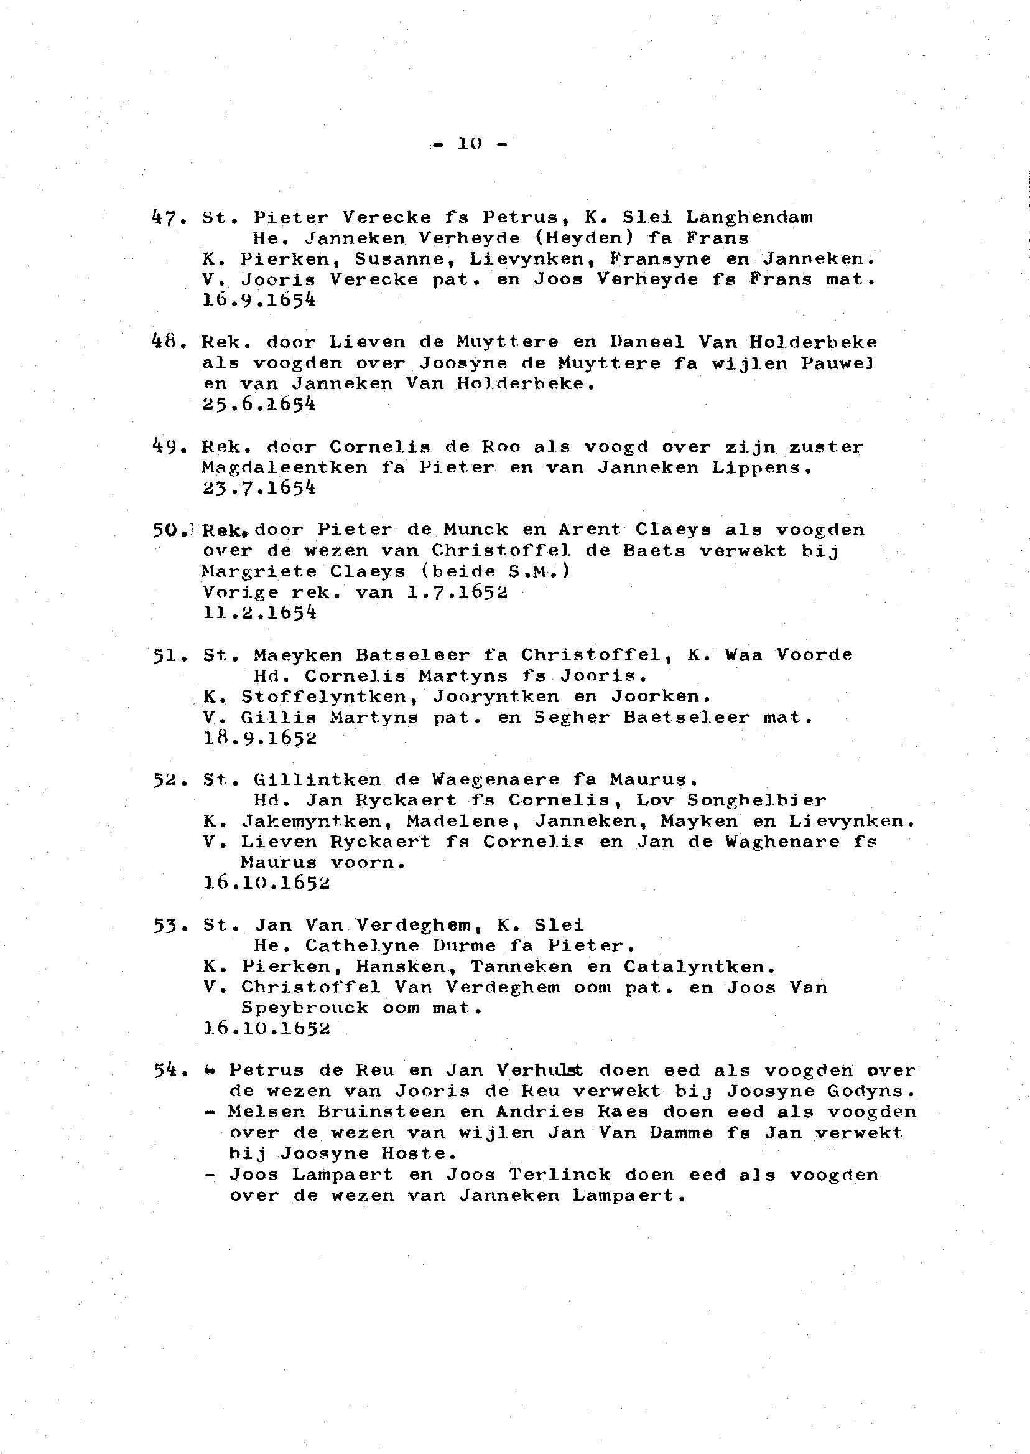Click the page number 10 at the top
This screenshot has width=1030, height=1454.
coord(470,144)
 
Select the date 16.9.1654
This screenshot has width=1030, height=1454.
coord(259,300)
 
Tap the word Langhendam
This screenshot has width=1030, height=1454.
coord(749,218)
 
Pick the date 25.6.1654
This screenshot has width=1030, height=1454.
coord(259,405)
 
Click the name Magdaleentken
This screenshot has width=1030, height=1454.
coord(285,467)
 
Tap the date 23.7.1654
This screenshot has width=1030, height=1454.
coord(259,488)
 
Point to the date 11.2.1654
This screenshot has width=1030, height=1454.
coord(259,612)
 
